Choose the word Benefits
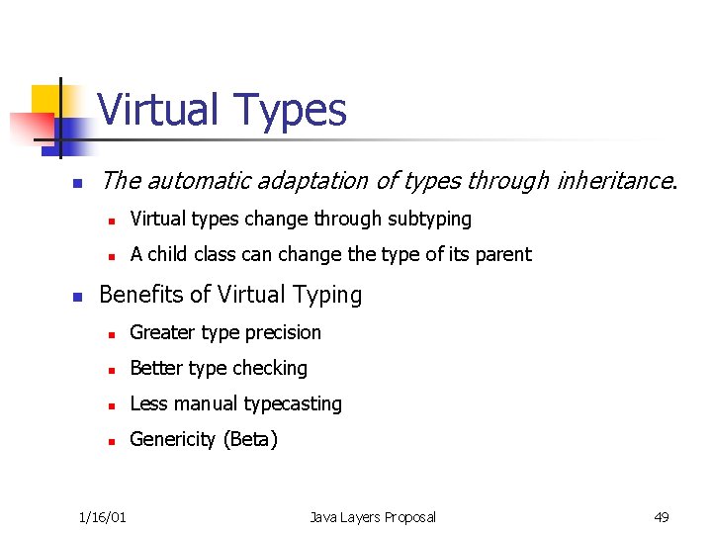(138, 295)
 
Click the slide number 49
(662, 516)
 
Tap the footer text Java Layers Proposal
(372, 516)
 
